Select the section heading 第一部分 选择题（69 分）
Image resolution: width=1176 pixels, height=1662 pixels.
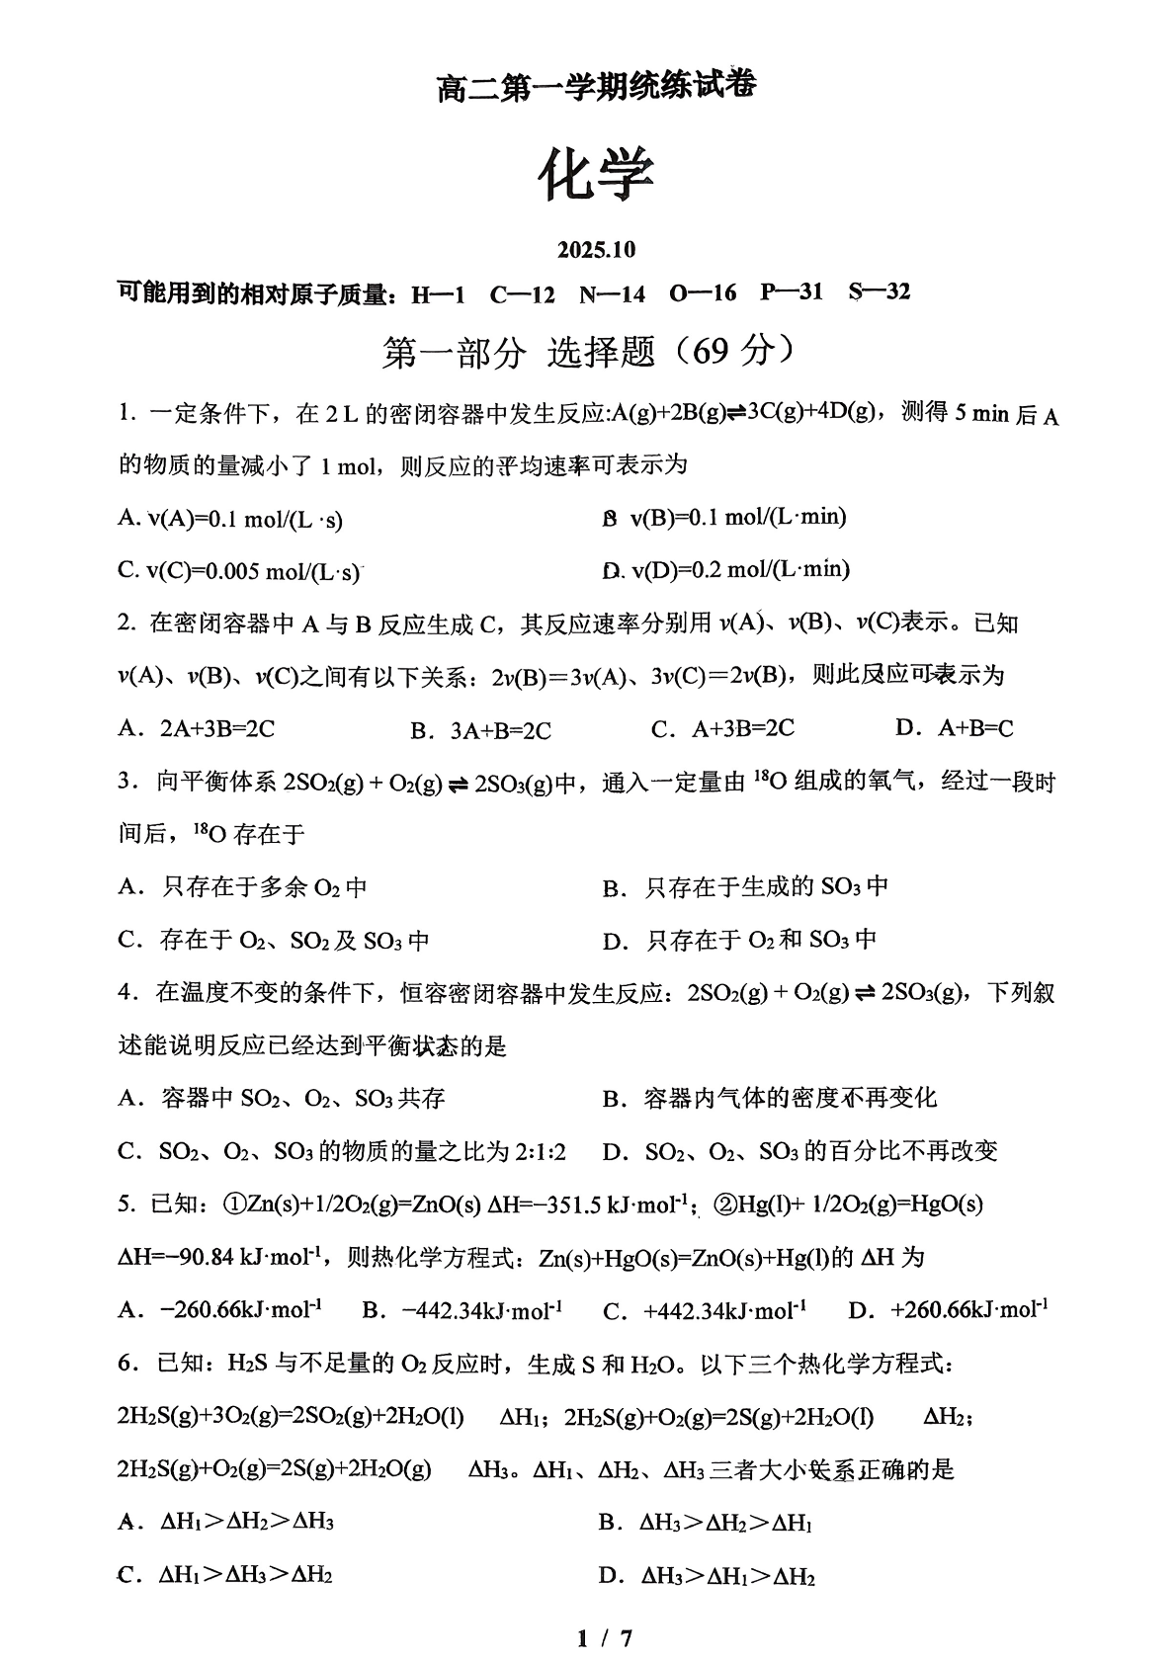point(589,352)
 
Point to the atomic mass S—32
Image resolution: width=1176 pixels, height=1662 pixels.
point(879,292)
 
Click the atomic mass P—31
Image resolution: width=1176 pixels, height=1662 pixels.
point(791,292)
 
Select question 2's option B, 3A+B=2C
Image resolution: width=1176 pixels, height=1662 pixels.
point(481,730)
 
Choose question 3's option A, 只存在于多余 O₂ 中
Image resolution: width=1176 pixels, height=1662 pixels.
point(243,887)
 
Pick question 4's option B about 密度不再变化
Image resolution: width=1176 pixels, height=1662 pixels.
point(770,1098)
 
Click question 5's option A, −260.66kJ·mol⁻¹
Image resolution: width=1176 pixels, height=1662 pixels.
point(220,1310)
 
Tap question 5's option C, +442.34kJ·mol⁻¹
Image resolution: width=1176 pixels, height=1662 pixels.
point(705,1311)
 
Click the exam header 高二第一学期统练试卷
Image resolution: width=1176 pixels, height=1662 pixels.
point(596,87)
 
